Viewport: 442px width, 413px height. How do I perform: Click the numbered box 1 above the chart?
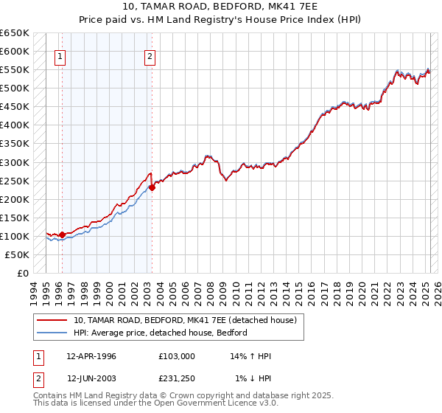(x=60, y=56)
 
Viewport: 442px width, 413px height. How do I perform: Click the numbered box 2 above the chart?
(x=150, y=56)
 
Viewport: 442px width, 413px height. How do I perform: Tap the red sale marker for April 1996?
(x=62, y=235)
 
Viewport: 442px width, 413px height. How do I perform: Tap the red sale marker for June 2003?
(x=152, y=187)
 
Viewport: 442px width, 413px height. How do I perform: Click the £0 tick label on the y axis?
(x=23, y=273)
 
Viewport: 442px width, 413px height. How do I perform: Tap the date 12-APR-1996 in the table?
(x=91, y=356)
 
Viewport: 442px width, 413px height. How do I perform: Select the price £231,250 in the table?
(x=177, y=378)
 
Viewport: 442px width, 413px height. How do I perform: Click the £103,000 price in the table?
(x=177, y=356)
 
